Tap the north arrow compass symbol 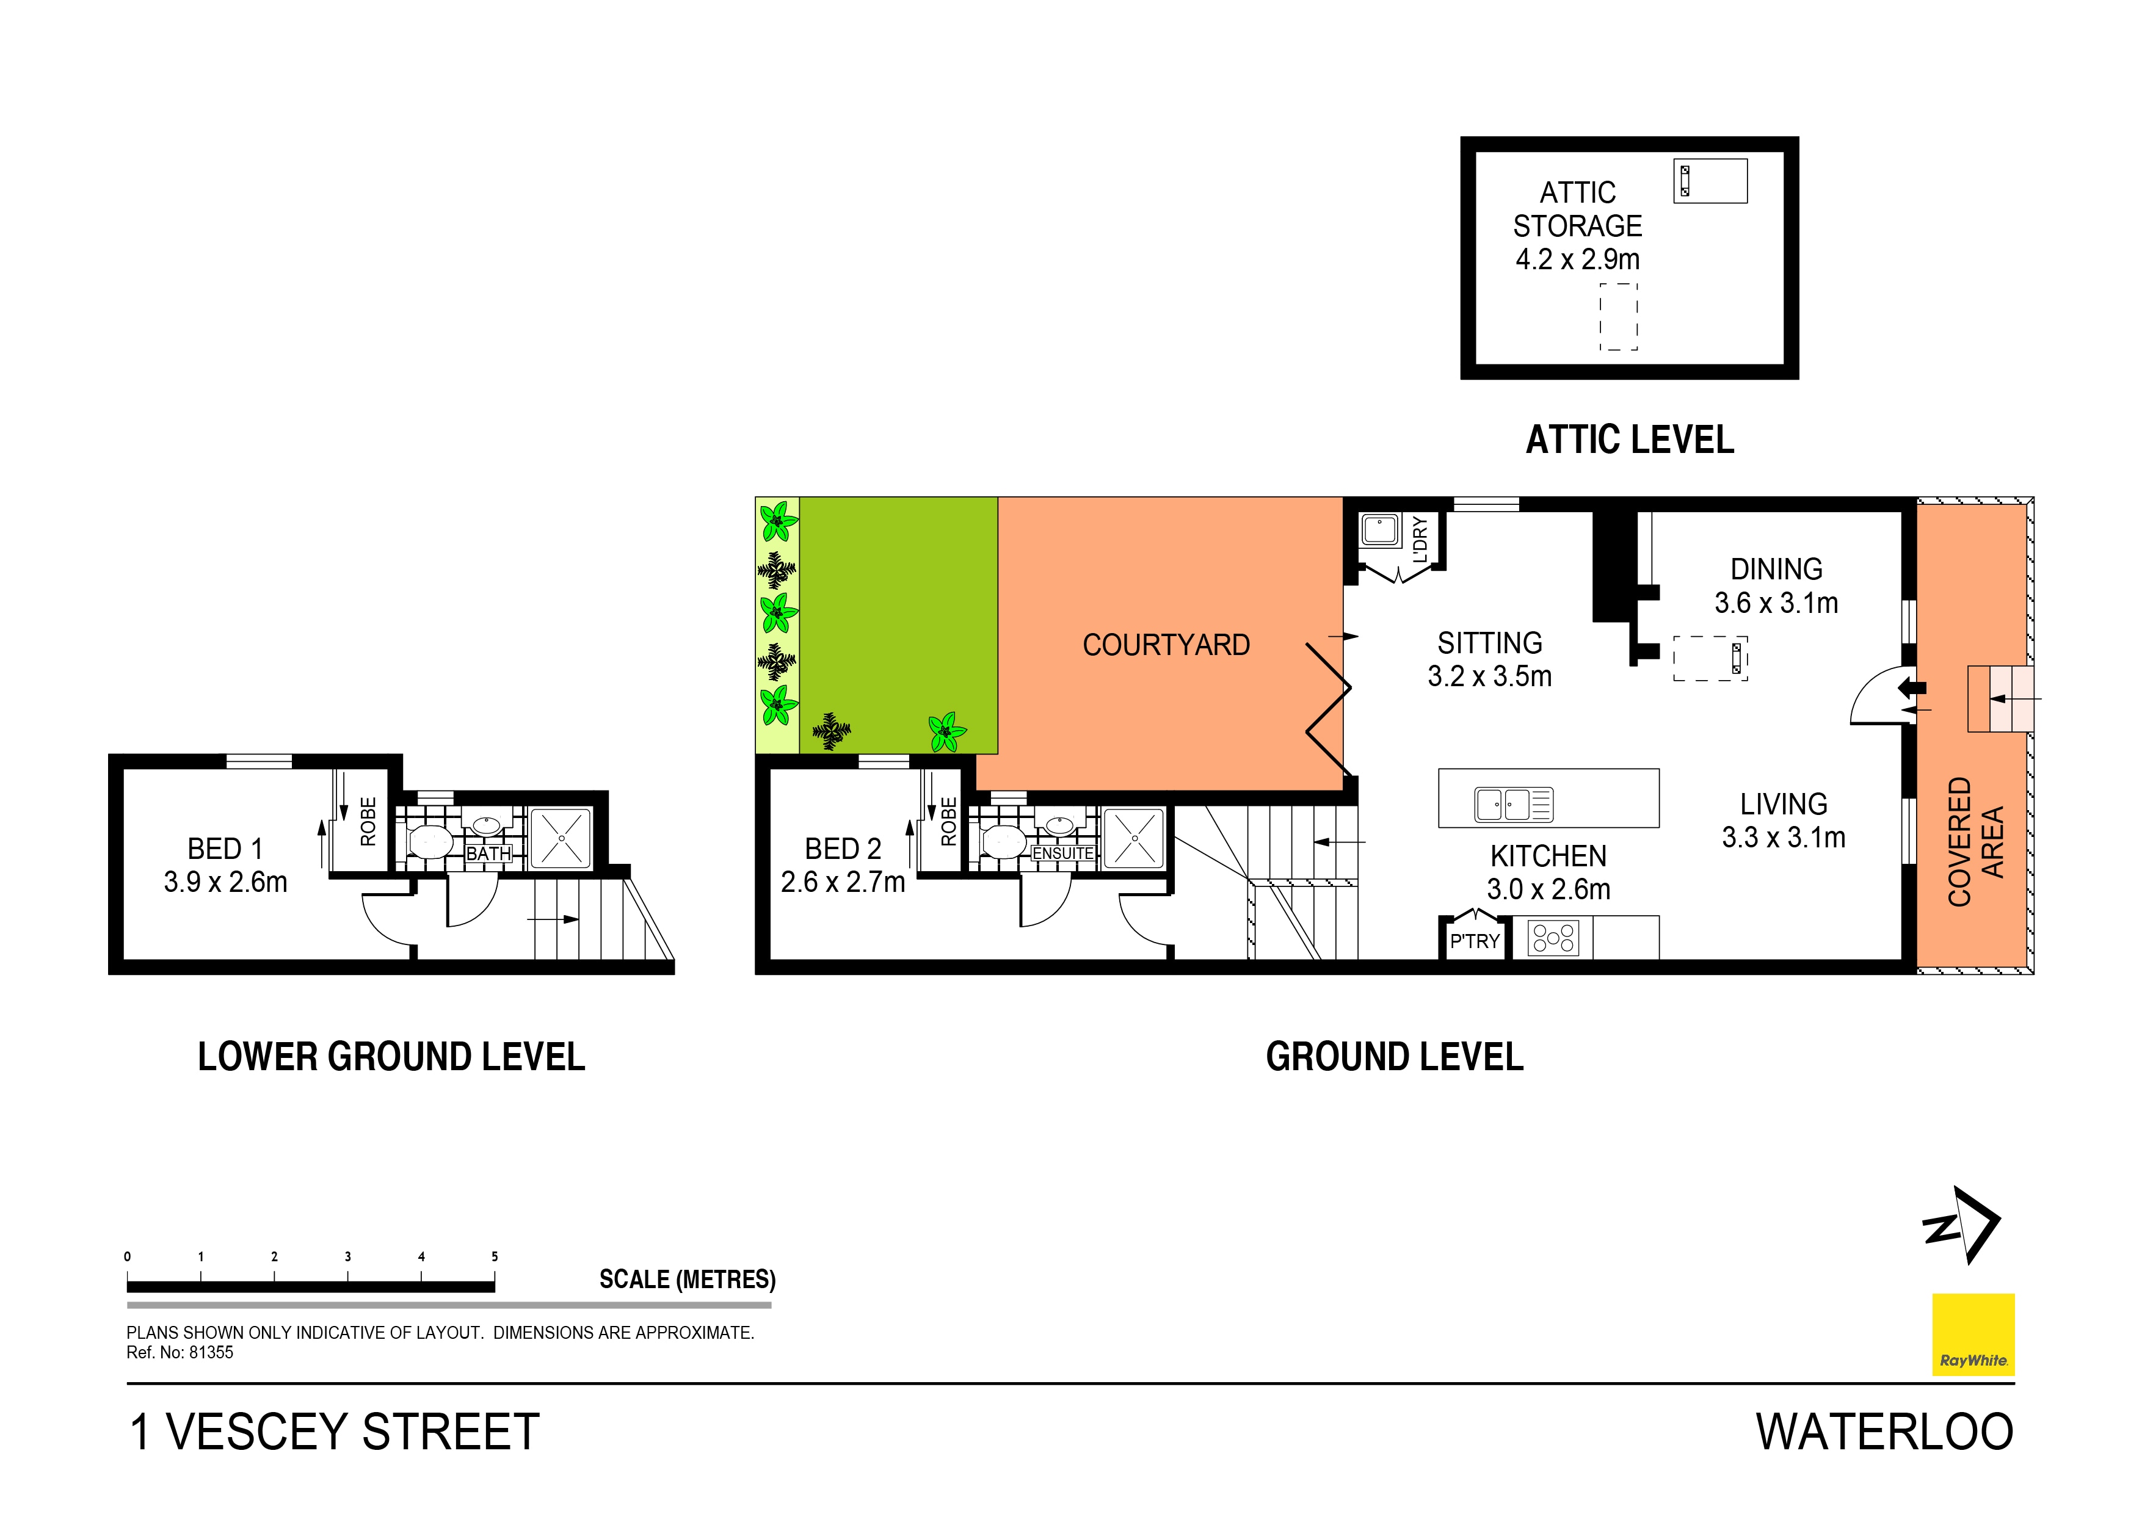pyautogui.click(x=1963, y=1225)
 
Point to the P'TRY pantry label pyautogui.click(x=1474, y=941)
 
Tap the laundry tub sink pyautogui.click(x=1380, y=530)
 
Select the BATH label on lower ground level pyautogui.click(x=489, y=853)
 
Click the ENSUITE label pyautogui.click(x=1062, y=853)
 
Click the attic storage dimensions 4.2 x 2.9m pyautogui.click(x=1577, y=259)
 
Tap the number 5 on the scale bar pyautogui.click(x=495, y=1256)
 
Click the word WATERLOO pyautogui.click(x=1884, y=1432)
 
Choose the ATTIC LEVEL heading pyautogui.click(x=1629, y=440)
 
